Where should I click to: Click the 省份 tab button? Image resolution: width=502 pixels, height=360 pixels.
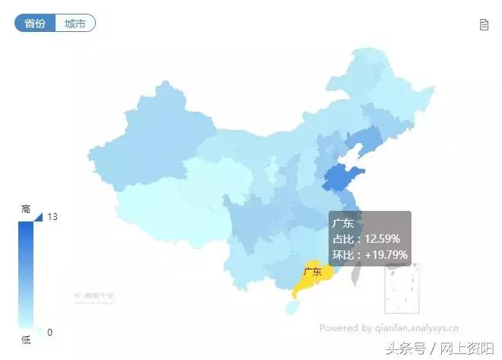[x=35, y=24]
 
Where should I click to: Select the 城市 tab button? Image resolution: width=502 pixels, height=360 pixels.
[x=75, y=24]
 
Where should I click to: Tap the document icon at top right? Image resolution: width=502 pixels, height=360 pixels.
[x=484, y=24]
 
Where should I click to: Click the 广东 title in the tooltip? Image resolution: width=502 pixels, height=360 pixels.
[x=342, y=224]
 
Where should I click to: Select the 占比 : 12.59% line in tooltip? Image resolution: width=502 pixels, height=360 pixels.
[x=367, y=239]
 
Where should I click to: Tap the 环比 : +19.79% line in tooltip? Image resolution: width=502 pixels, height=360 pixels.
[x=370, y=254]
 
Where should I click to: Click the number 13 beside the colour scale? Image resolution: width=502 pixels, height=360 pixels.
[x=52, y=217]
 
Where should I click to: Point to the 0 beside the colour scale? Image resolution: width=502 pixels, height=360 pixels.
[x=49, y=332]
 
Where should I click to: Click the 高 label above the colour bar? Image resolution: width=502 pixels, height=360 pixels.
[x=26, y=209]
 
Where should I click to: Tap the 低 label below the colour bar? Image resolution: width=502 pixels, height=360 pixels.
[x=26, y=340]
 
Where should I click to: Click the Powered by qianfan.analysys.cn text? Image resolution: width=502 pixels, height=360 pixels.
[x=389, y=329]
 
